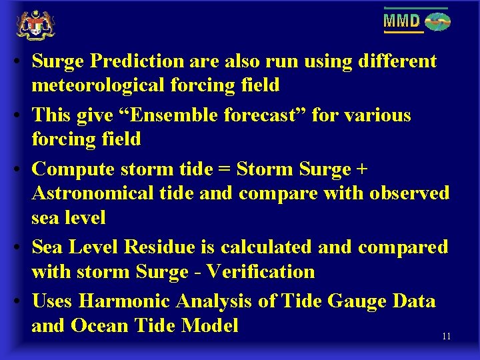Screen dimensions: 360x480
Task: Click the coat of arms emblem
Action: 35,25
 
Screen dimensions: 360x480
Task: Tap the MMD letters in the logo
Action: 402,21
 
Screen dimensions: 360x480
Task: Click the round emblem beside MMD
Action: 437,22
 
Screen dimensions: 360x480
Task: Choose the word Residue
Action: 161,247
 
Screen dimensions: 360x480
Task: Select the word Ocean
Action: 100,326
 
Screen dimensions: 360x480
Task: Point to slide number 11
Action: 446,337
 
